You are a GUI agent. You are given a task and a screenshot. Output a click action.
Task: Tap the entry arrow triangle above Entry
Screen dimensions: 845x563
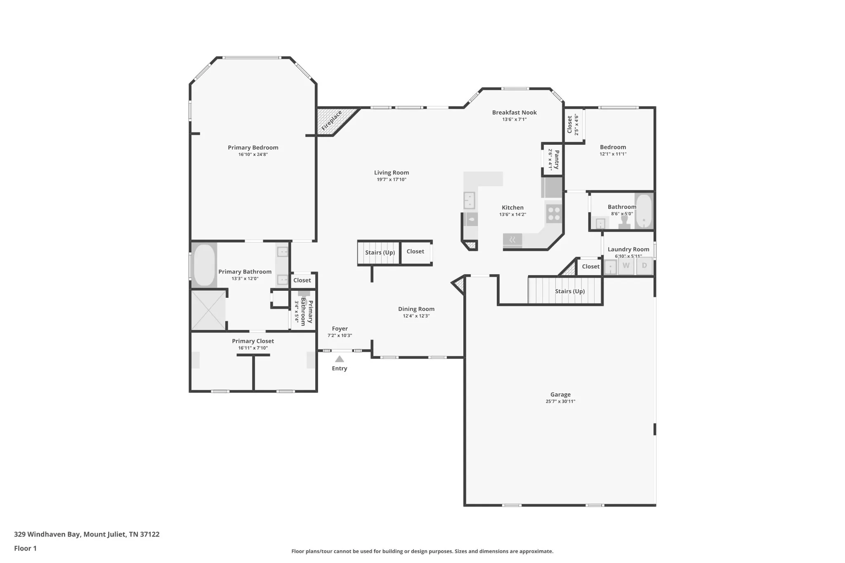[x=339, y=359]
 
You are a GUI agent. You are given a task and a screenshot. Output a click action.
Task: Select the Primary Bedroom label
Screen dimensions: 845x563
[x=253, y=148]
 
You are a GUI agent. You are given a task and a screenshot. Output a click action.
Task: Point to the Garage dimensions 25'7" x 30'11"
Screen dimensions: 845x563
[x=560, y=401]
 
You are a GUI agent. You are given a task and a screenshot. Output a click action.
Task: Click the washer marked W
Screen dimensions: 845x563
[x=626, y=266]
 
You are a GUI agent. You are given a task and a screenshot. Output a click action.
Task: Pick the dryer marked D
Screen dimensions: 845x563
[x=644, y=266]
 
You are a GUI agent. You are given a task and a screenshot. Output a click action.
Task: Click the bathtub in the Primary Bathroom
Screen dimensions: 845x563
[x=204, y=265]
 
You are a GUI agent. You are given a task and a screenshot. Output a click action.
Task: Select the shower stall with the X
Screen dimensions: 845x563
[x=208, y=310]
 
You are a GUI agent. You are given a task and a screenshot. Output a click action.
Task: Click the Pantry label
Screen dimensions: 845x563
[x=557, y=160]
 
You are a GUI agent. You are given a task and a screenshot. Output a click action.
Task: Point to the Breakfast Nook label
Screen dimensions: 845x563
[x=514, y=113]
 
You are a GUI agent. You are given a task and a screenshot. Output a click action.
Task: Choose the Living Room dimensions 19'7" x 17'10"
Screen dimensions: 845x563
[x=392, y=179]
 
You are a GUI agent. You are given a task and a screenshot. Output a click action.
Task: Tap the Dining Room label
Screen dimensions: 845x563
[x=416, y=309]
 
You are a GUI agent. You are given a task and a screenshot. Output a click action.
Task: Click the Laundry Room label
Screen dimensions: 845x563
[x=628, y=250]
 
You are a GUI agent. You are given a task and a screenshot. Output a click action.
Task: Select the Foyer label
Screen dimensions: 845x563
[x=340, y=329]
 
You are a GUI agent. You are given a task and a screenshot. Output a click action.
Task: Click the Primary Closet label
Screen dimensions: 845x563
[x=253, y=341]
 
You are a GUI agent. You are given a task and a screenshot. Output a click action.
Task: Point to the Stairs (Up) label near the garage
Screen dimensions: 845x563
[x=570, y=291]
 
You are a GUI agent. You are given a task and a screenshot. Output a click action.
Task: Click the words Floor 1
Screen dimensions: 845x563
[x=25, y=548]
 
